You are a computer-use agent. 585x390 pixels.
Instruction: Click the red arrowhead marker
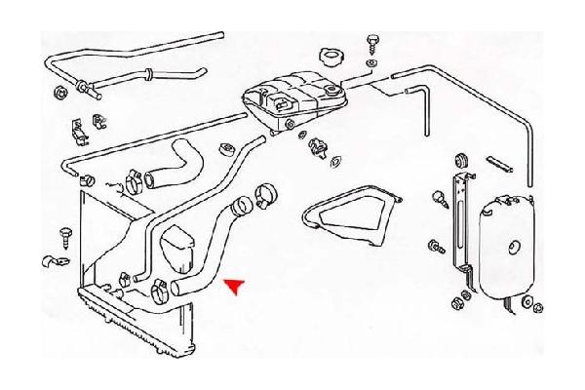point(234,284)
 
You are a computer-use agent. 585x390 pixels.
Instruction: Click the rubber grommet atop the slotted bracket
point(459,159)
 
